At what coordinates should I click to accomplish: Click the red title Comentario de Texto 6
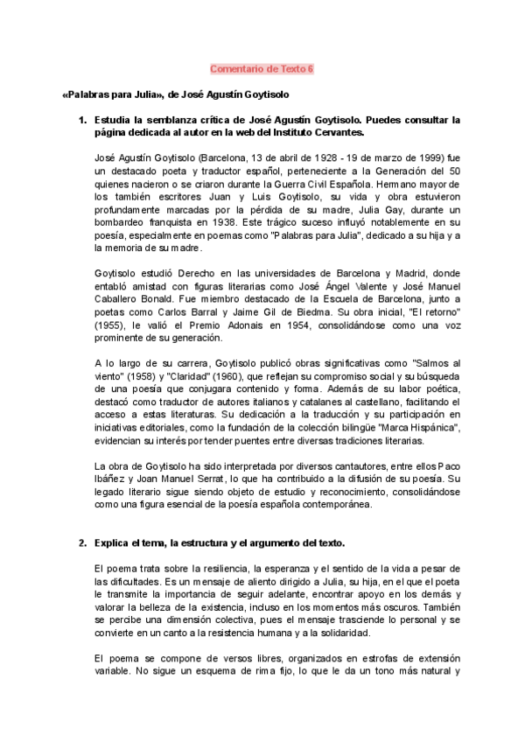pos(262,67)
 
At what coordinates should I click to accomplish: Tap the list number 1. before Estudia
pos(83,117)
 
